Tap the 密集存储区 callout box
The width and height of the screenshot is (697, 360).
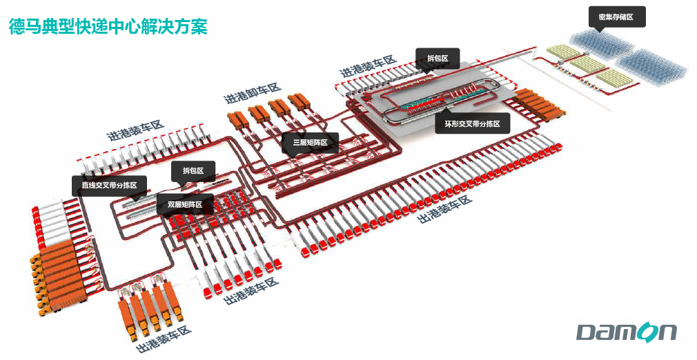pyautogui.click(x=617, y=17)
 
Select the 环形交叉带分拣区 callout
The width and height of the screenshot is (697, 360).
pyautogui.click(x=472, y=124)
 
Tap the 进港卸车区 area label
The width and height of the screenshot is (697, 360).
pyautogui.click(x=253, y=92)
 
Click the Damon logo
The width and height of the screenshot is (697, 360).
pyautogui.click(x=627, y=332)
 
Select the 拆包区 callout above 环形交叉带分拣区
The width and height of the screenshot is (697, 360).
pyautogui.click(x=437, y=59)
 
